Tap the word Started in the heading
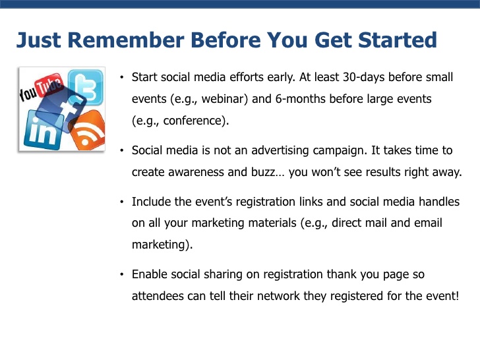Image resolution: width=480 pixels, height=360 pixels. point(398,40)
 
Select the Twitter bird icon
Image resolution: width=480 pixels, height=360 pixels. point(86,87)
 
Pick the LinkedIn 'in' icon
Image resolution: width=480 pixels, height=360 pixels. point(42,130)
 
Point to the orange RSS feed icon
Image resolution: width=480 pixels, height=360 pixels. point(88,131)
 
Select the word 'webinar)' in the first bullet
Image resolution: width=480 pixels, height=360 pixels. point(225,99)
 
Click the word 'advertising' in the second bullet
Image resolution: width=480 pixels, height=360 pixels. point(280,150)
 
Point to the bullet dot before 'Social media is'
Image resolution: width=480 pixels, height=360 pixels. point(122,150)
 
